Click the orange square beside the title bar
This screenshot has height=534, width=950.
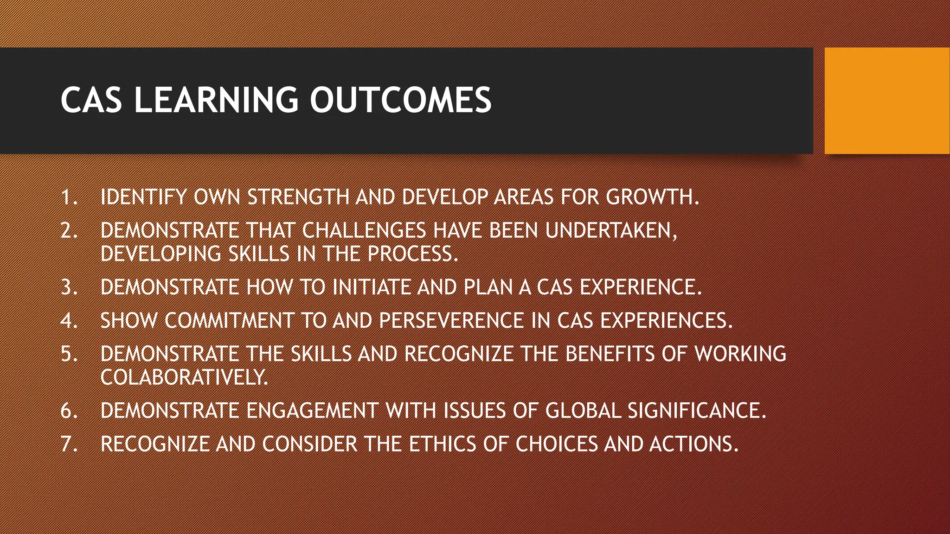(x=887, y=101)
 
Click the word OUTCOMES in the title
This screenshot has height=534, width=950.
(x=400, y=100)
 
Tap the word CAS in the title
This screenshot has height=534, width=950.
(x=91, y=100)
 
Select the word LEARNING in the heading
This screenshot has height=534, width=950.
(x=216, y=100)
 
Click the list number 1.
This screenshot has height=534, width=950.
(x=69, y=197)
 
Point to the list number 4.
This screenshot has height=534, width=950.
(x=69, y=321)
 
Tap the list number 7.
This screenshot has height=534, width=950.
(x=69, y=444)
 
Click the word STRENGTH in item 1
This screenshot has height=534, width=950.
(x=298, y=197)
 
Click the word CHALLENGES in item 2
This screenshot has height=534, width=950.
(x=364, y=230)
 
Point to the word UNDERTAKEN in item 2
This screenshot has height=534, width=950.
(x=610, y=230)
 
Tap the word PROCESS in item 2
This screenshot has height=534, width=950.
(x=412, y=254)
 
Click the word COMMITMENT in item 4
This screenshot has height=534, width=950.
(x=229, y=321)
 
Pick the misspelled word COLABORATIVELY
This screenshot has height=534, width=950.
(x=184, y=377)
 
